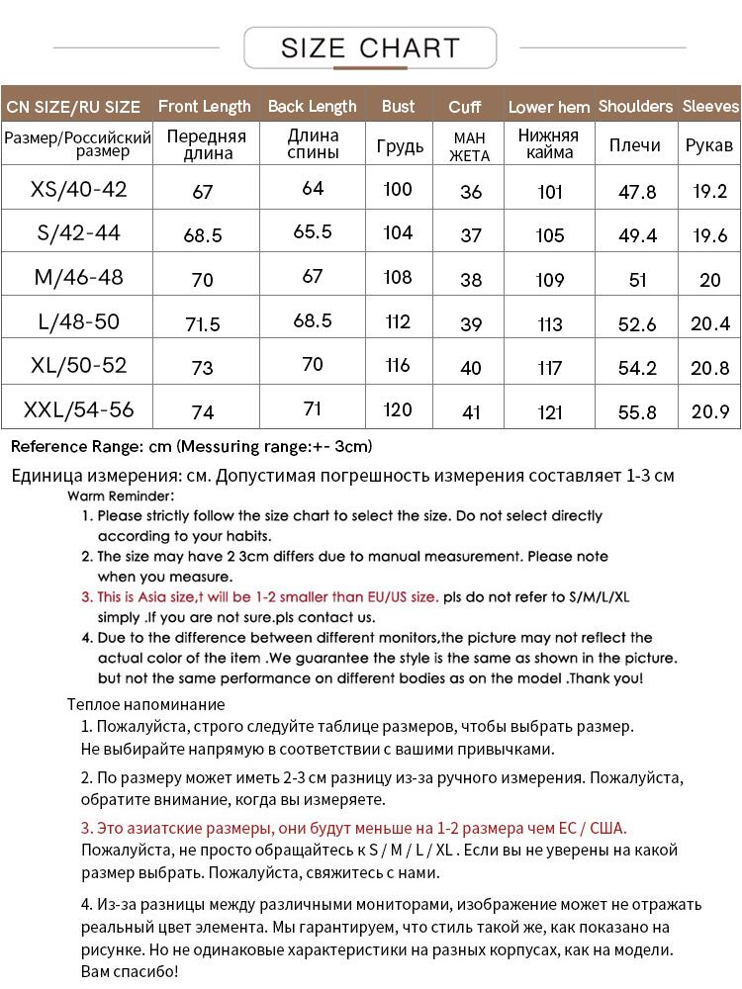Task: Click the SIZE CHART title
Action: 370,47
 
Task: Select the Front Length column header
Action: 204,107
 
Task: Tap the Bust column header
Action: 399,107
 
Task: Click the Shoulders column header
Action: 635,107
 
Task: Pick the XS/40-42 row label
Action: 79,189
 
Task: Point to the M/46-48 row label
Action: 79,277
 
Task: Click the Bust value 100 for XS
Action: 398,189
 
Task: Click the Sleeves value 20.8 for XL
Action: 710,368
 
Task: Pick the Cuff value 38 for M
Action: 471,280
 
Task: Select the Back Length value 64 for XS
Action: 313,188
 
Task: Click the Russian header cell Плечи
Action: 635,145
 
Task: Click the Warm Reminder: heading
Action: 121,495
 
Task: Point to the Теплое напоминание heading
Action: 146,705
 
